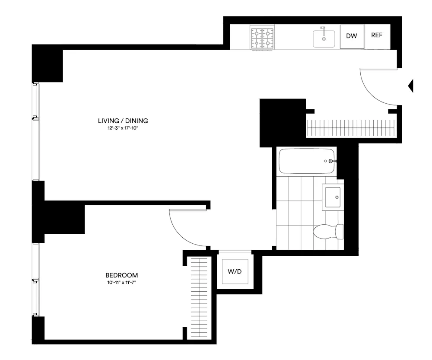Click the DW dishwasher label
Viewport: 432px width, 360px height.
(x=352, y=36)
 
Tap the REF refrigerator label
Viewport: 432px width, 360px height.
(x=377, y=35)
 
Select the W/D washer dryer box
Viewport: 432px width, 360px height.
(x=235, y=272)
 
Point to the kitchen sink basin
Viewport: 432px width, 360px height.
(x=324, y=39)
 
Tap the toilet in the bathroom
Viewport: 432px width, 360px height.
(x=328, y=232)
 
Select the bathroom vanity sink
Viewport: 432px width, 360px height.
(x=334, y=198)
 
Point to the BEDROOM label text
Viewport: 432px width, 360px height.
(x=122, y=275)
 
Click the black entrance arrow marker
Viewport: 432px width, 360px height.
(x=411, y=86)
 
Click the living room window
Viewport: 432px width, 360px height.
(x=36, y=131)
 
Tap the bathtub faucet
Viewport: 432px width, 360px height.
(x=331, y=161)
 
